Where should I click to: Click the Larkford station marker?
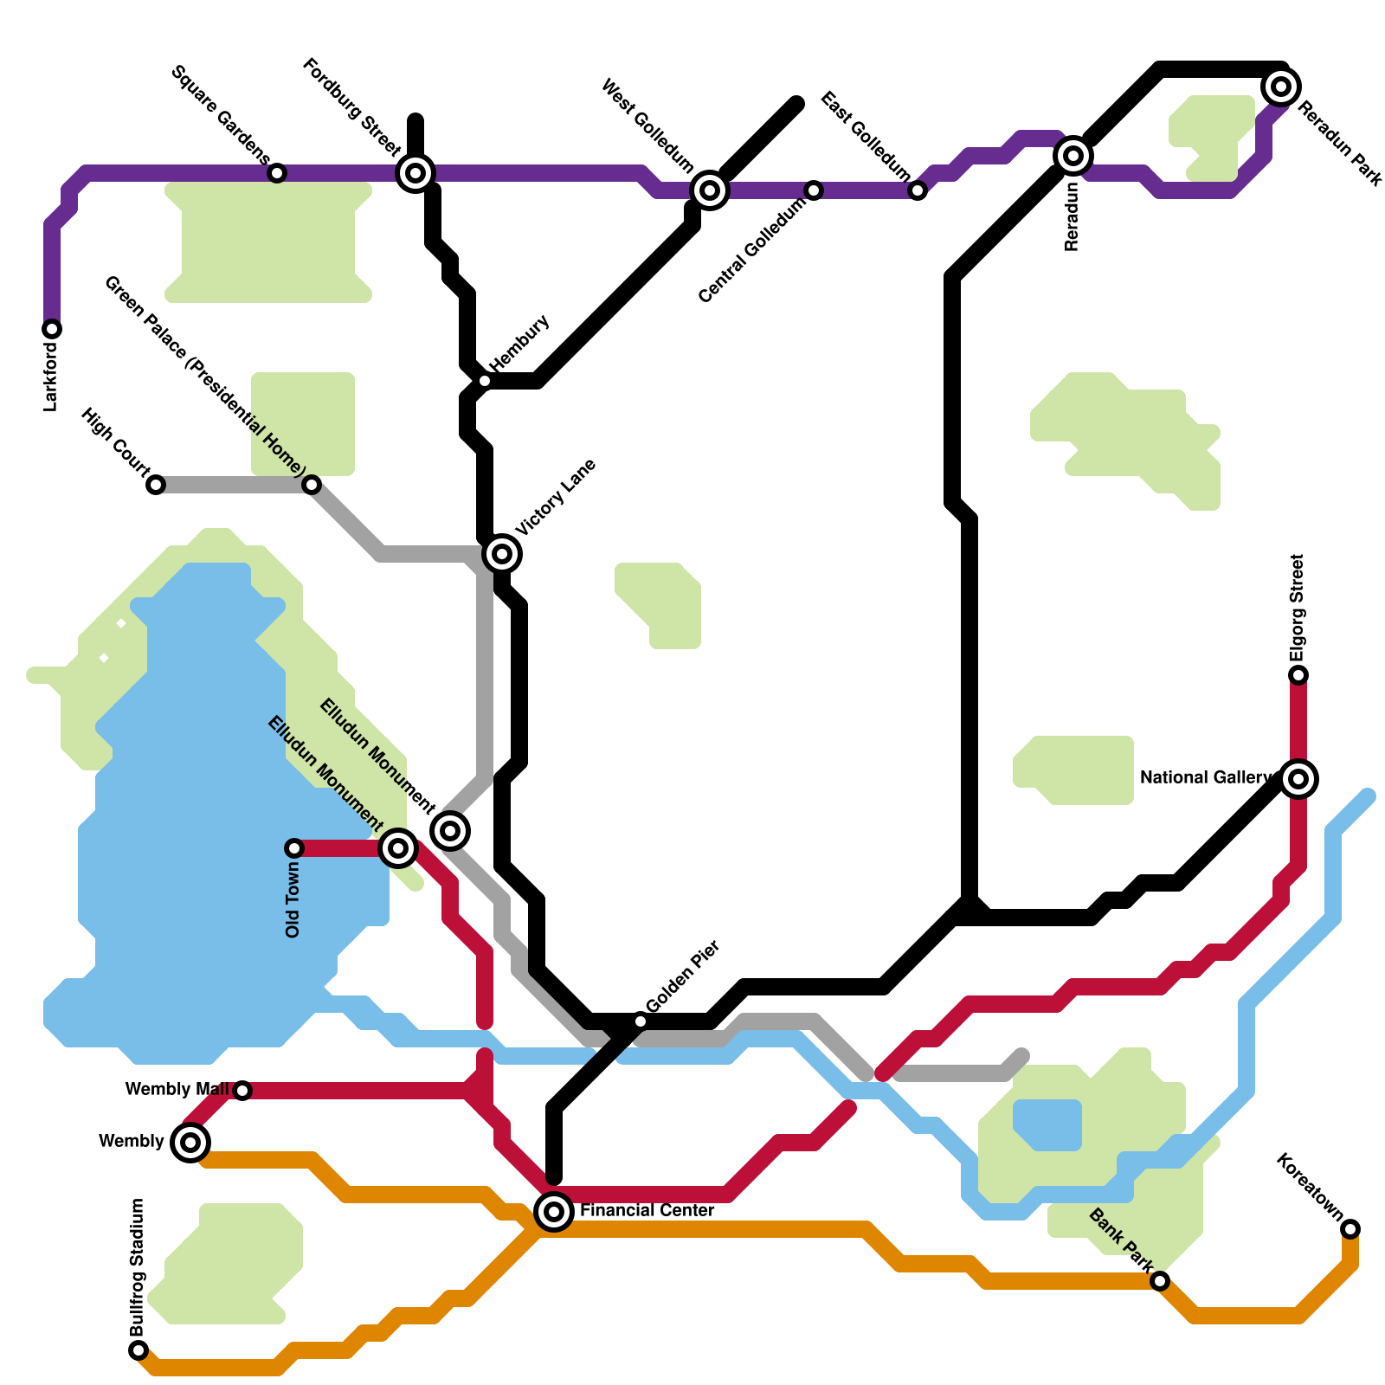point(52,329)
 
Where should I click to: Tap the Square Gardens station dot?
point(277,173)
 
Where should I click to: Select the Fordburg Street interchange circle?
point(415,173)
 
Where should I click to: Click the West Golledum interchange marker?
point(710,190)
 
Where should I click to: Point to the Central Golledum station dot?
point(814,190)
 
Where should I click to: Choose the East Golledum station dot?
point(918,190)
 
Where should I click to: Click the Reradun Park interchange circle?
point(1281,86)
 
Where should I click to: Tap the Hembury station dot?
point(485,381)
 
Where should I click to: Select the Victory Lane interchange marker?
point(502,553)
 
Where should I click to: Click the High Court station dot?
point(156,485)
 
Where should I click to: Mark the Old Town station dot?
point(294,847)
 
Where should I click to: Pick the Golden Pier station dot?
point(641,1021)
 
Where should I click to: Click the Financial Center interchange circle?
point(554,1211)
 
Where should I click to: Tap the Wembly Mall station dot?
point(242,1091)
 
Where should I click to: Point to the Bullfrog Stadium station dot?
point(138,1350)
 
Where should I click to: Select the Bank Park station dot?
point(1160,1281)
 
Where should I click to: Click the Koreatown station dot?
point(1350,1229)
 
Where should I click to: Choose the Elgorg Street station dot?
point(1298,675)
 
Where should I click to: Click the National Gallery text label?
point(1207,778)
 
